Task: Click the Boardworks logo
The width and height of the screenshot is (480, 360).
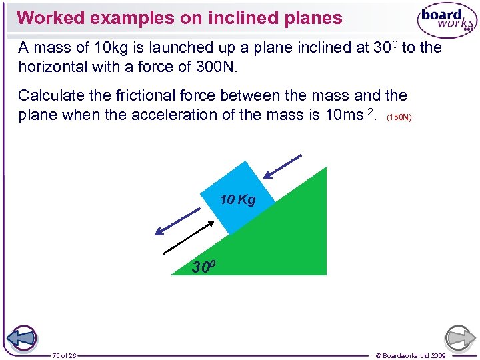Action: point(447,21)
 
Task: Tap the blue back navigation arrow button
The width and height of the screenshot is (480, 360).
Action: point(23,338)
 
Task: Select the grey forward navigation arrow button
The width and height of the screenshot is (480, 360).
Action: point(460,338)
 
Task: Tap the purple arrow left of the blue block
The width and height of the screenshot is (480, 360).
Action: point(177,221)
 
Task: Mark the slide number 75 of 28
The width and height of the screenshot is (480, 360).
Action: point(65,355)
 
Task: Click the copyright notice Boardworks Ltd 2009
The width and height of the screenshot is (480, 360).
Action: point(410,355)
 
